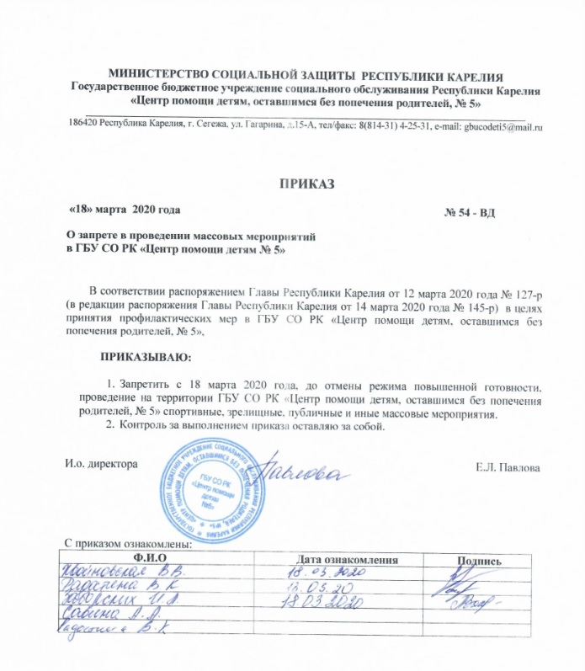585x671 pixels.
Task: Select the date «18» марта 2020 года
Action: (x=123, y=207)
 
